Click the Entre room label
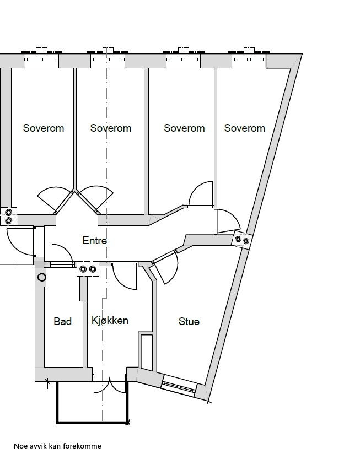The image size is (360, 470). click(94, 241)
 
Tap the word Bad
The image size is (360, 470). click(62, 321)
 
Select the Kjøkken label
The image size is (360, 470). click(110, 320)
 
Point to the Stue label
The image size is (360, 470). click(189, 321)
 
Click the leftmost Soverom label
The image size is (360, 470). click(43, 128)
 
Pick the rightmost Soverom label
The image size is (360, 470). click(244, 128)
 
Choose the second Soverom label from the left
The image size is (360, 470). click(110, 128)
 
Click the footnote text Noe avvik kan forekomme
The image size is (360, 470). click(57, 446)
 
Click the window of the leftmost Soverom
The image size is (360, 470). click(41, 57)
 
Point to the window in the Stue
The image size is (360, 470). click(179, 386)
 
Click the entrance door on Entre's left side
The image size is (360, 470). click(22, 241)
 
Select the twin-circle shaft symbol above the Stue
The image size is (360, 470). click(243, 240)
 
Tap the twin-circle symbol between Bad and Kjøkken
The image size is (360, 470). click(87, 269)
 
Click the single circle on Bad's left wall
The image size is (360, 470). click(41, 277)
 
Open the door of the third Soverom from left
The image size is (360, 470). click(201, 195)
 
